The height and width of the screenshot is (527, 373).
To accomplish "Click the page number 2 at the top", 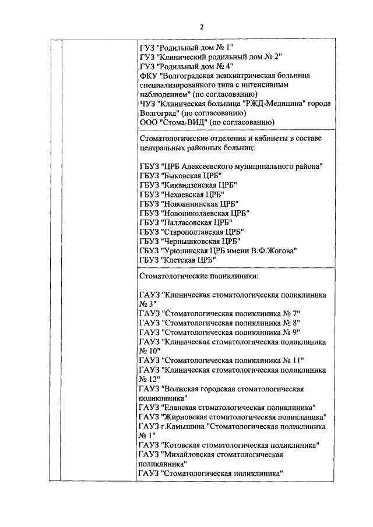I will tap(201, 27).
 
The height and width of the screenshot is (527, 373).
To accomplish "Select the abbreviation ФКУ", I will tap(148, 76).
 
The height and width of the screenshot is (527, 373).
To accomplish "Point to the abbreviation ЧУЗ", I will tap(147, 104).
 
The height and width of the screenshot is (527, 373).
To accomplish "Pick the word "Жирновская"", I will tap(189, 417).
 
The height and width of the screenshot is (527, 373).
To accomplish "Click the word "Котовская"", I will tap(186, 445).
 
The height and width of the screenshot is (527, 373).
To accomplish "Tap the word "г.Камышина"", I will tap(181, 426).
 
